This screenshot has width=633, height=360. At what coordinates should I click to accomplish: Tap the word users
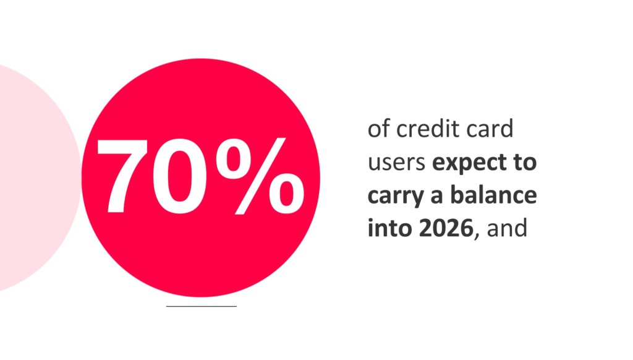396,164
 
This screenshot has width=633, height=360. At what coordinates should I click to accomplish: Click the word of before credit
378,131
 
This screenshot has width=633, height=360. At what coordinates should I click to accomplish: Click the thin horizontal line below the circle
202,306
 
